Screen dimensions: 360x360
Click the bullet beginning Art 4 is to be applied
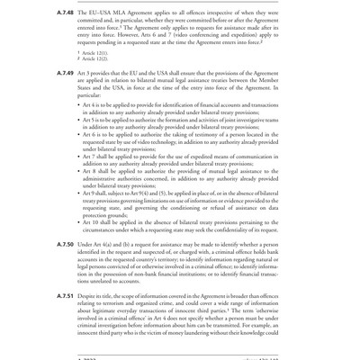point(180,109)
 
